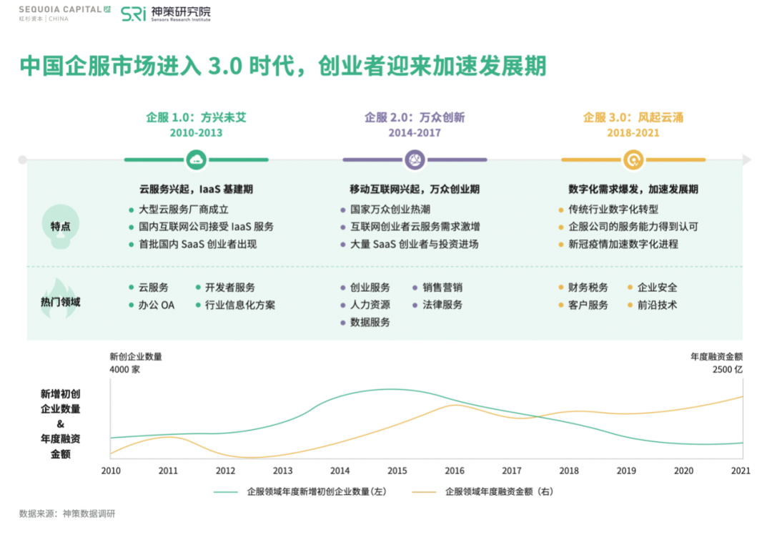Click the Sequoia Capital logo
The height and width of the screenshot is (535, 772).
pos(64,13)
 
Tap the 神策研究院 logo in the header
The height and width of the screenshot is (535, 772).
pos(165,14)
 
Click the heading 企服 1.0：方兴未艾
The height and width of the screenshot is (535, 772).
pos(196,117)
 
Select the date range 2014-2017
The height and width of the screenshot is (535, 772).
pos(415,133)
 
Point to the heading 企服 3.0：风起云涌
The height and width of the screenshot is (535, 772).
pos(633,117)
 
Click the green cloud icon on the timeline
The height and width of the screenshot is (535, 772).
pos(196,159)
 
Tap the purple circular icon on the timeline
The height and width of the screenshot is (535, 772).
pos(415,159)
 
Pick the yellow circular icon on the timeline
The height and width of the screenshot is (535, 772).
pos(633,159)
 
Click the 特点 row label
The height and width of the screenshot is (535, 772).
pos(60,227)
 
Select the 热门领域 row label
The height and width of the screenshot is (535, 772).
pos(60,302)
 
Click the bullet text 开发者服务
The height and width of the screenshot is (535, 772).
pos(229,288)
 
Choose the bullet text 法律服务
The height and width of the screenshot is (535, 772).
pos(442,305)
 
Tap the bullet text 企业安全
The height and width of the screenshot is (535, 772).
pos(657,288)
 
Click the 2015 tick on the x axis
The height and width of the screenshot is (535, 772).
pos(397,471)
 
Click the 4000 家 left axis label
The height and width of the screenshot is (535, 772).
pos(124,370)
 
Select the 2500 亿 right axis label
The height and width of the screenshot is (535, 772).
pos(728,370)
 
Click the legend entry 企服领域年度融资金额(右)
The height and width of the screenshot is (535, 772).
pos(498,491)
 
